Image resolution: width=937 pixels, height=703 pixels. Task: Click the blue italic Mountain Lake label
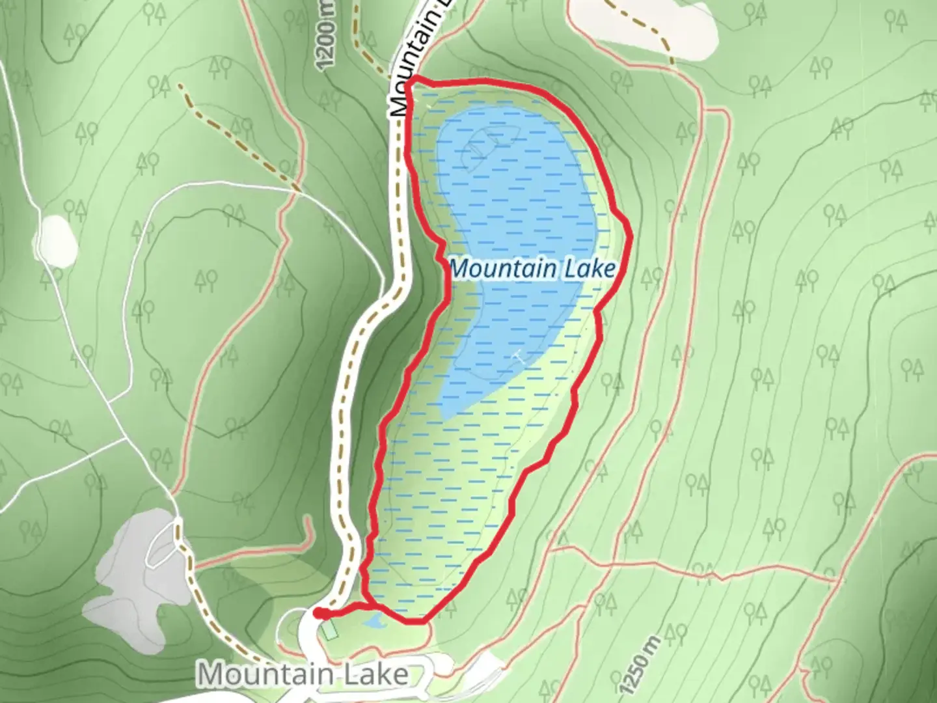click(x=532, y=268)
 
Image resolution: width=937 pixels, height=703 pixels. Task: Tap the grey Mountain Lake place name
click(x=303, y=674)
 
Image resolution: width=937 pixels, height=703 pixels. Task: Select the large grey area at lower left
click(x=130, y=579)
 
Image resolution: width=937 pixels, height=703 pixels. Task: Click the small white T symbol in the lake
click(x=517, y=355)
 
